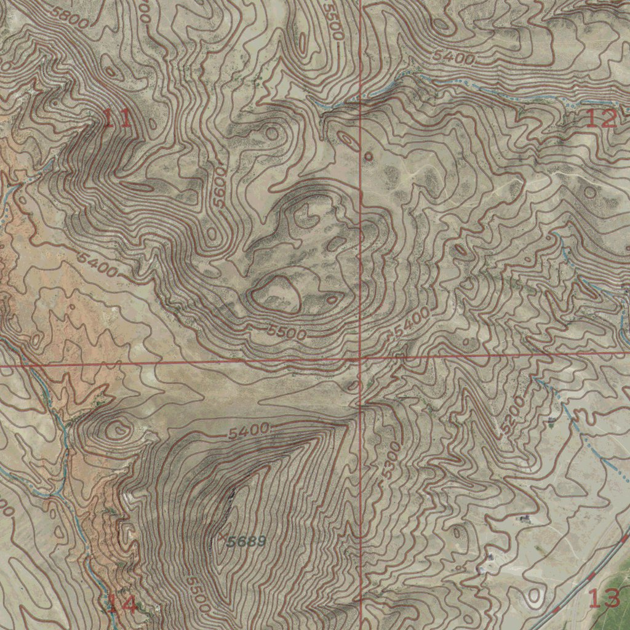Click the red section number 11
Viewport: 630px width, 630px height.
[116, 118]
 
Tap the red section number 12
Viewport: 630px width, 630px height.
[600, 118]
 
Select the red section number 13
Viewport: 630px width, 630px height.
[604, 598]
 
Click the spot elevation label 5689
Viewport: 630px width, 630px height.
[246, 542]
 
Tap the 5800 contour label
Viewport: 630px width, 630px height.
[70, 17]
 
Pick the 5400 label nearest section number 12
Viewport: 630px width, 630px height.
[453, 58]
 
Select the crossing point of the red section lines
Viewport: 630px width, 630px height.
[361, 357]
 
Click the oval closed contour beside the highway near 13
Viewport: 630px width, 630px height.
[534, 595]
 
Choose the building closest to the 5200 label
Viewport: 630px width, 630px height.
[551, 420]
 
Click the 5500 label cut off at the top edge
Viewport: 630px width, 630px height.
[333, 22]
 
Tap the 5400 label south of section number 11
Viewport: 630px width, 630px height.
[98, 263]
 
